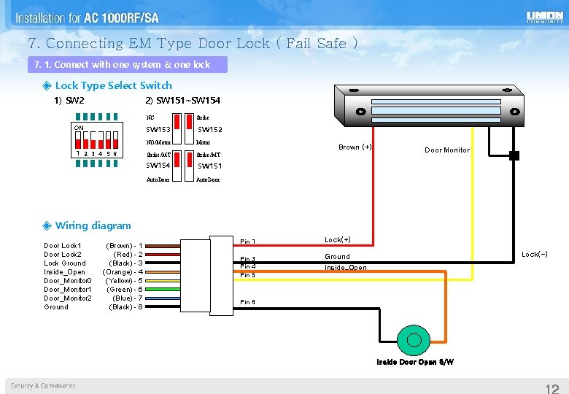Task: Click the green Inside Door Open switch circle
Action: [414, 340]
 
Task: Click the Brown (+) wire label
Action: [355, 147]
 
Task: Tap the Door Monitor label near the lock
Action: [447, 150]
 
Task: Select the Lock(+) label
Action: [338, 240]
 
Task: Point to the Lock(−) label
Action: [535, 255]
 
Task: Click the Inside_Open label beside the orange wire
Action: [346, 268]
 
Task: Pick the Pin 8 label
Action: [248, 302]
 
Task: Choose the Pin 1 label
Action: [248, 242]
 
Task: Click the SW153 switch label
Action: [158, 130]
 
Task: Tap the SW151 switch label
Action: [210, 166]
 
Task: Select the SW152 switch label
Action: [210, 130]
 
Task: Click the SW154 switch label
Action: [158, 166]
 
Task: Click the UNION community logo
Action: [544, 17]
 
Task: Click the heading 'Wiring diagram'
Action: [93, 226]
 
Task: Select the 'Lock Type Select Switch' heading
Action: [113, 85]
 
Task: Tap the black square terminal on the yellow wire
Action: [514, 155]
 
